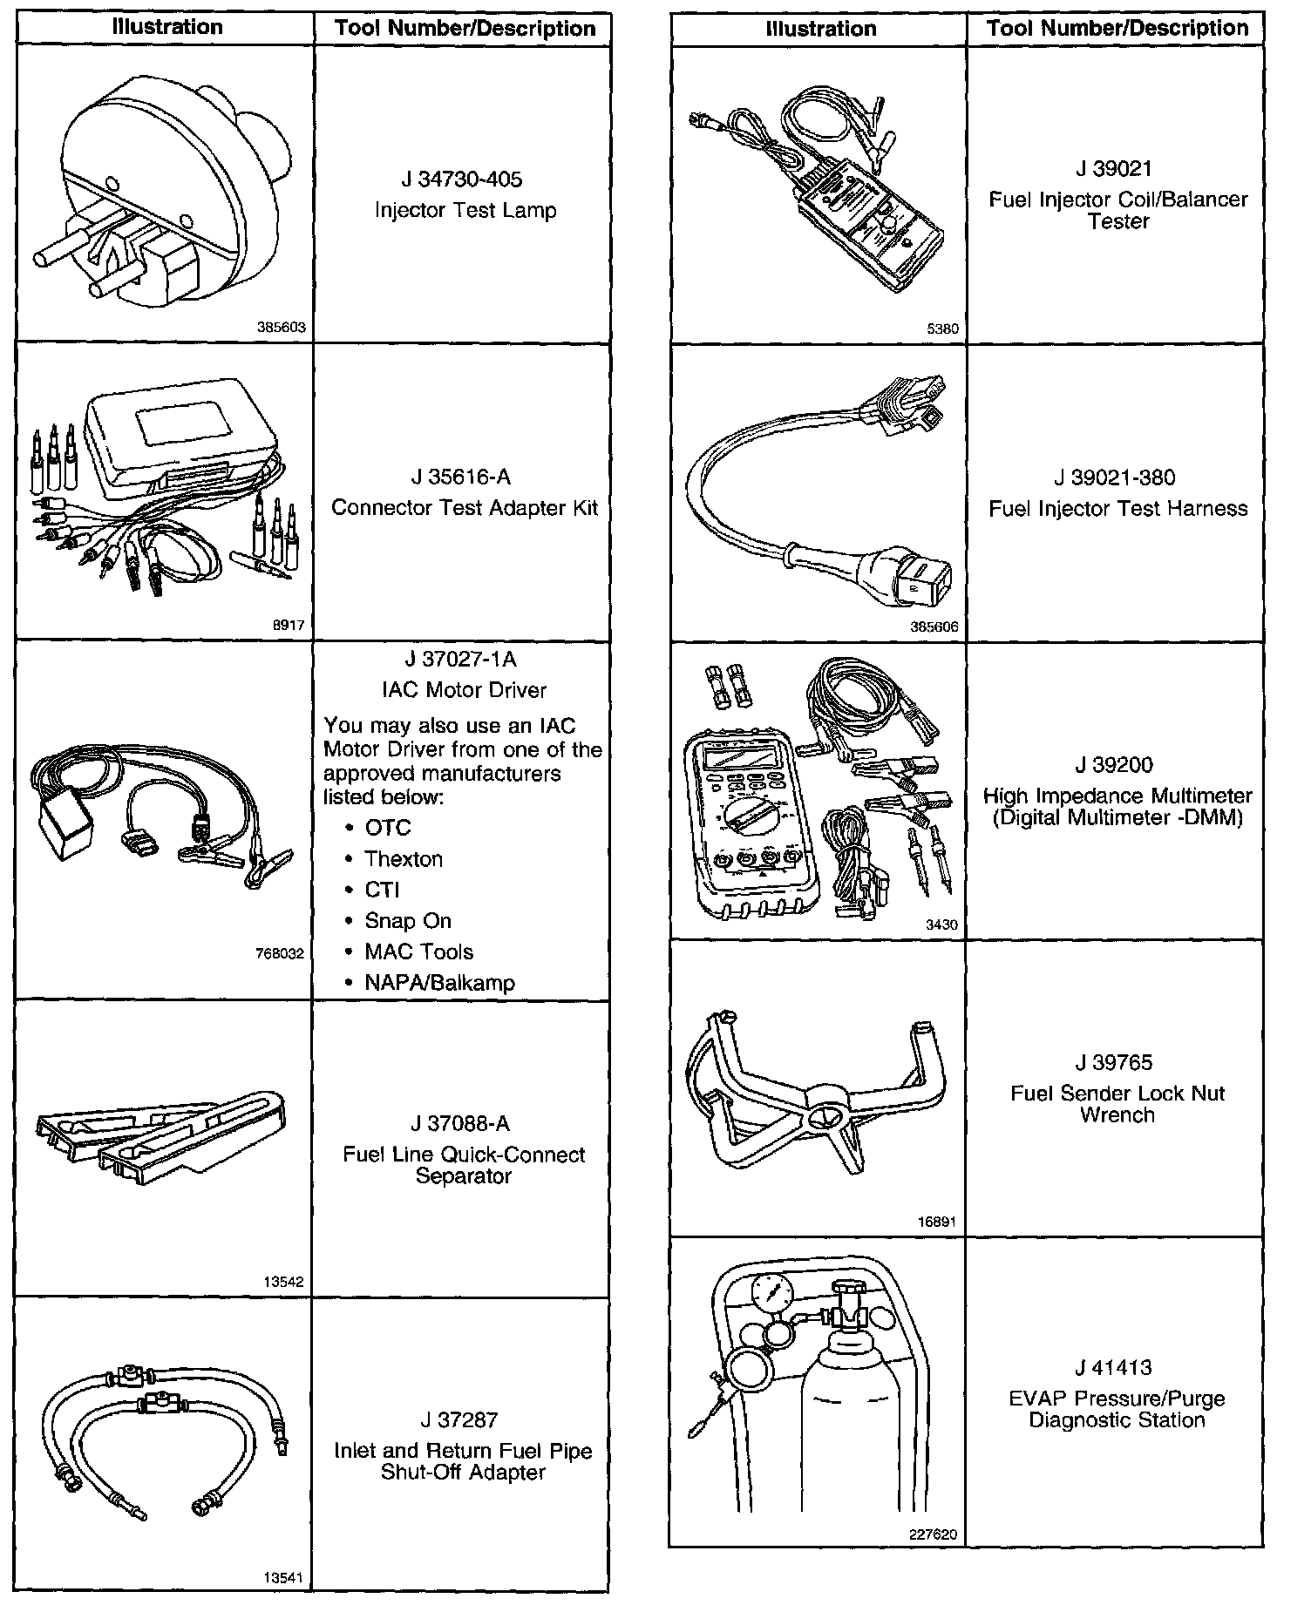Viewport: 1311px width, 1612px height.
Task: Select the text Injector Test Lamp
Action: click(x=465, y=210)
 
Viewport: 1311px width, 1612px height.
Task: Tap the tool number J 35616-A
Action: click(x=461, y=478)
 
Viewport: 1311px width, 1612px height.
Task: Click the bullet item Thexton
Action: click(x=404, y=859)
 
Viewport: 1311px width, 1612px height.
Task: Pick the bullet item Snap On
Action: click(x=408, y=921)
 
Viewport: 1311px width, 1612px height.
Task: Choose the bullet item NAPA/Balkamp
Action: click(x=439, y=983)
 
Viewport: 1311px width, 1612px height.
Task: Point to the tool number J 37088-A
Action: click(x=461, y=1124)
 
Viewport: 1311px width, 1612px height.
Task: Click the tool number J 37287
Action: click(x=461, y=1420)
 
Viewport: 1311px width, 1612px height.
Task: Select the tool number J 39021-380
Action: click(x=1115, y=478)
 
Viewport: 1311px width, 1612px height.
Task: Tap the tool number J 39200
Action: click(x=1115, y=765)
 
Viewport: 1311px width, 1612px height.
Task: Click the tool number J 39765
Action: click(x=1115, y=1063)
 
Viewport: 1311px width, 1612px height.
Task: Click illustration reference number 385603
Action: click(x=281, y=328)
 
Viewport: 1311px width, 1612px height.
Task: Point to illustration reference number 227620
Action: click(x=933, y=1535)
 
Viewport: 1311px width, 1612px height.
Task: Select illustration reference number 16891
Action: click(x=937, y=1223)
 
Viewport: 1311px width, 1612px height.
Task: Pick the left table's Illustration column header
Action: click(x=167, y=28)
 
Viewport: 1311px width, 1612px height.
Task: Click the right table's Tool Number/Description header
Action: click(x=1117, y=29)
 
